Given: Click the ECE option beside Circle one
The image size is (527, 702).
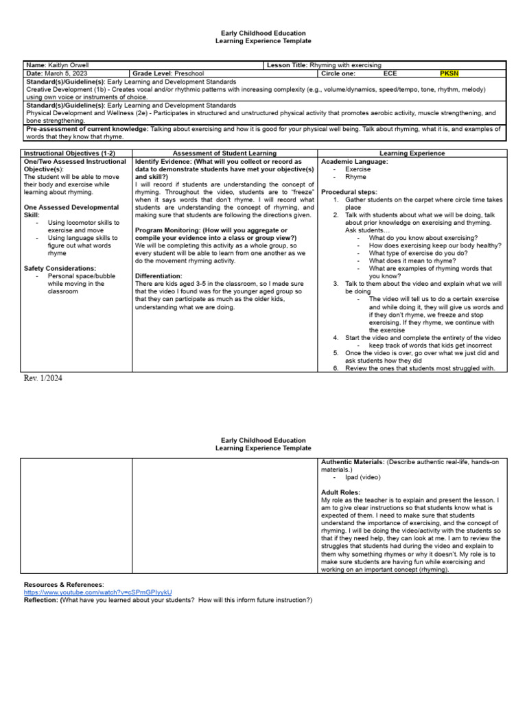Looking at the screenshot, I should (x=390, y=73).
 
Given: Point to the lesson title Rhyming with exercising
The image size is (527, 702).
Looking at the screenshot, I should (x=346, y=64).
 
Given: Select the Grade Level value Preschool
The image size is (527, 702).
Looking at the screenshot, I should (x=189, y=73).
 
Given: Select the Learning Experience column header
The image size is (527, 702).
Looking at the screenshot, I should (x=412, y=154).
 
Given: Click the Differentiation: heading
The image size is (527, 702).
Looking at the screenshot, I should (x=159, y=276).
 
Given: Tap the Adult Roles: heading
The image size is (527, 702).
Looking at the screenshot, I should (x=340, y=492).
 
